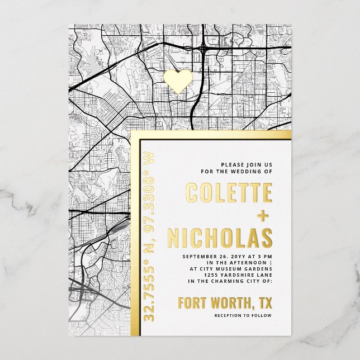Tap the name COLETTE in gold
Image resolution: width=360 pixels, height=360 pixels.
229,193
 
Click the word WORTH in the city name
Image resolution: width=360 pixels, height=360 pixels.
229,304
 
